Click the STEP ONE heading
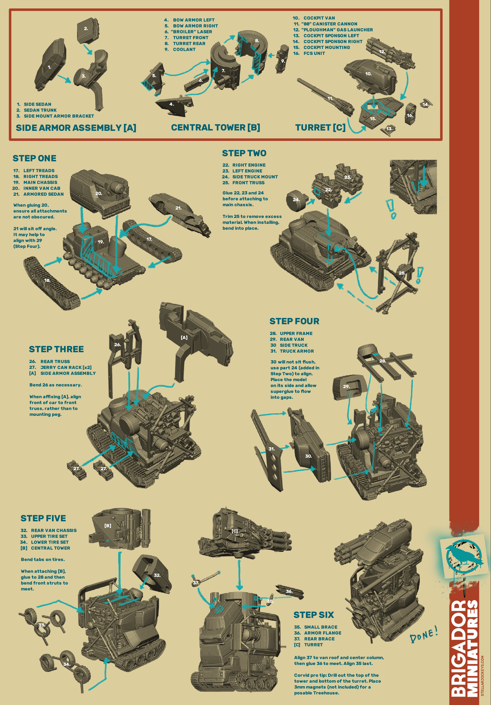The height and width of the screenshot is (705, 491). click(34, 158)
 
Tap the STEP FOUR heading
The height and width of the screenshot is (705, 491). click(294, 321)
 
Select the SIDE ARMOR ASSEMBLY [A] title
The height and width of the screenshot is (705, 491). click(76, 128)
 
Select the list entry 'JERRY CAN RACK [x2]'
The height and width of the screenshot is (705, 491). click(66, 367)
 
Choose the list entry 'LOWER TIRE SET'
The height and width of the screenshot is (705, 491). click(50, 542)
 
